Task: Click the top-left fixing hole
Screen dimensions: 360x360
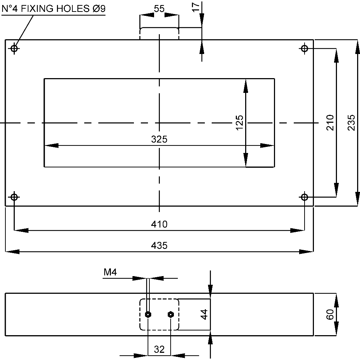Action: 14,48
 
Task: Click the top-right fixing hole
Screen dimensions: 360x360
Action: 305,48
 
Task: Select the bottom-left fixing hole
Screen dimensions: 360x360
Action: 14,197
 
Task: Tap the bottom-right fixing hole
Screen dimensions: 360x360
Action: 305,197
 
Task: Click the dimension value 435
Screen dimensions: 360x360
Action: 159,246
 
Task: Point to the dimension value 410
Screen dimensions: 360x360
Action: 159,224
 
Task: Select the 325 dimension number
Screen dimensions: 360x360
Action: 159,139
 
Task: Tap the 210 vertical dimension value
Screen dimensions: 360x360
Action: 330,122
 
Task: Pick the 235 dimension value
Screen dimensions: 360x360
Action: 352,122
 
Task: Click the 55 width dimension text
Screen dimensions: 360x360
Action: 159,9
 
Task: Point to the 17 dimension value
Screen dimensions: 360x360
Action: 195,8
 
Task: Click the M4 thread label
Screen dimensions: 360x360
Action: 110,273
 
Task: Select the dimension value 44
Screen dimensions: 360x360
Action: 204,314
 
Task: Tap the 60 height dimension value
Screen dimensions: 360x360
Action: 329,314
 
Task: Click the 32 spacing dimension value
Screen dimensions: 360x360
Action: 159,349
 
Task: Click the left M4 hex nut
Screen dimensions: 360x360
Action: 148,315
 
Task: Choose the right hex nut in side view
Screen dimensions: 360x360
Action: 171,315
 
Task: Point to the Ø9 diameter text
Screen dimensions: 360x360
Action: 98,9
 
